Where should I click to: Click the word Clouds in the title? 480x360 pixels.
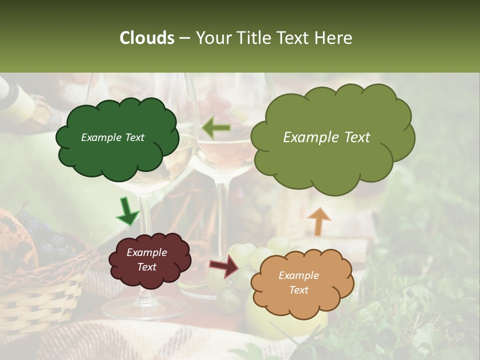[x=146, y=38]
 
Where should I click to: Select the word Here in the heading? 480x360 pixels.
[x=333, y=38]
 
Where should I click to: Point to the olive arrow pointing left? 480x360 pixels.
[x=216, y=128]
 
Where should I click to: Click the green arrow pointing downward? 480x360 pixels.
[x=127, y=211]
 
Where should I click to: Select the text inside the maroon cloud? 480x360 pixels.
[x=147, y=260]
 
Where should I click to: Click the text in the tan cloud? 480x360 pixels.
[x=299, y=282]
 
